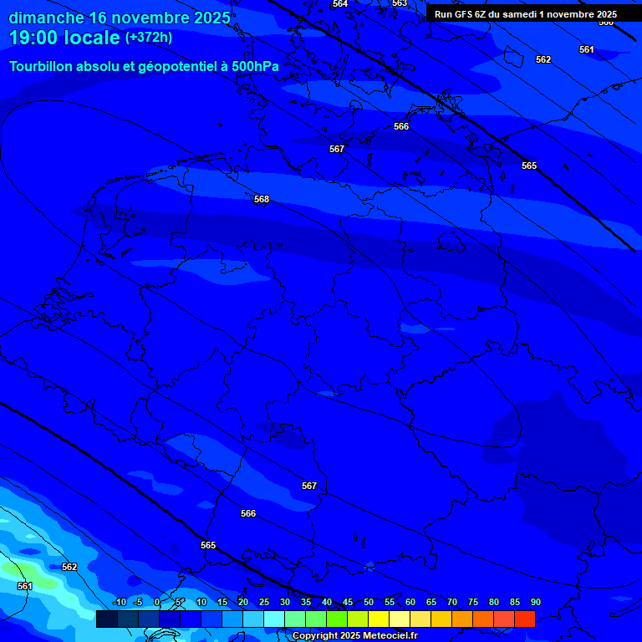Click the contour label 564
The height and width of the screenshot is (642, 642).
click(340, 4)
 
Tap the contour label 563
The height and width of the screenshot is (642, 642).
click(400, 3)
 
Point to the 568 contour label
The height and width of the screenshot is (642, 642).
click(262, 199)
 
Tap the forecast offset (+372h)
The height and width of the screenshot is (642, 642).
click(149, 38)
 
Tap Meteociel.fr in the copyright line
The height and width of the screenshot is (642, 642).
click(396, 636)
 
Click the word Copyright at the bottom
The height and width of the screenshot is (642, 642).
click(316, 636)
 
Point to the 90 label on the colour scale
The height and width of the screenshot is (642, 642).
click(535, 603)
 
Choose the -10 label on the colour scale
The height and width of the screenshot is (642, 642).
click(119, 603)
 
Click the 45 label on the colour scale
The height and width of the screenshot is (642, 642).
click(347, 603)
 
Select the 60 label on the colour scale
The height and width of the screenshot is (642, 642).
click(410, 603)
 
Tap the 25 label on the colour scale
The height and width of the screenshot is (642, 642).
click(263, 603)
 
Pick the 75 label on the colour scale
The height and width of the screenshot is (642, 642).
click(472, 603)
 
